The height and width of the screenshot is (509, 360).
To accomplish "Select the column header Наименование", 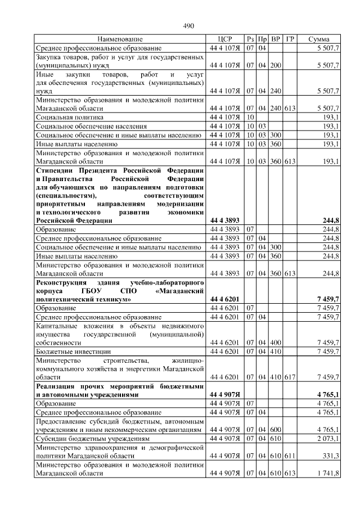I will pos(120,39).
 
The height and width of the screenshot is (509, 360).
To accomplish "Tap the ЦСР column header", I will pos(224,39).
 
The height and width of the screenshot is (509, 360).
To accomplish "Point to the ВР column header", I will pos(276,39).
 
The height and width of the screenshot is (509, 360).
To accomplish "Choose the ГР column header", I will pos(290,39).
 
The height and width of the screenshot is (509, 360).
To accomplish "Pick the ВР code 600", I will pos(276,429).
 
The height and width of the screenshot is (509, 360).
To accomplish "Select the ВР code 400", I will pos(276,342).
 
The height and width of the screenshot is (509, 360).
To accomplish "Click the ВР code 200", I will pos(276,65).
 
